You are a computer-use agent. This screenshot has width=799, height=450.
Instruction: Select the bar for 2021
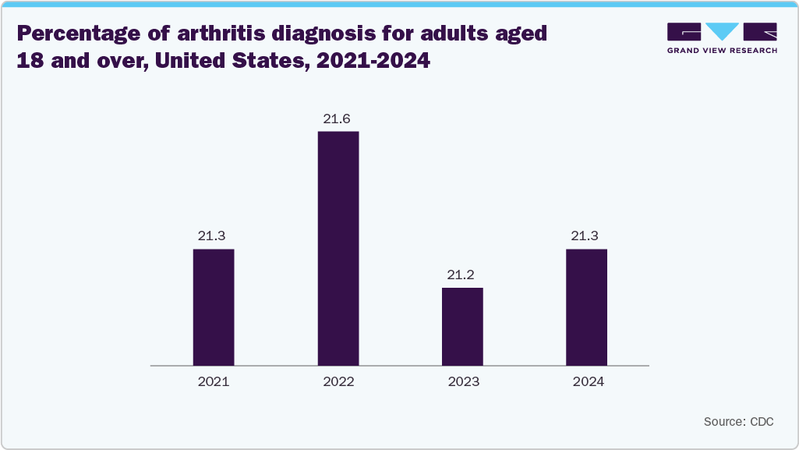(x=214, y=306)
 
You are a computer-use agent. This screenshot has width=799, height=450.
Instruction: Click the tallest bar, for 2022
(x=338, y=248)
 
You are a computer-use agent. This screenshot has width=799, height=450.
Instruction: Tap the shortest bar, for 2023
(x=462, y=326)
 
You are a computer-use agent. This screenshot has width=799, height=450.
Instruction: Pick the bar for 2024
(x=586, y=306)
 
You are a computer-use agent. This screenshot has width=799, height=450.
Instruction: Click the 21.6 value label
(x=338, y=119)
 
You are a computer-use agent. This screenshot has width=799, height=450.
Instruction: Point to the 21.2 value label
(x=462, y=275)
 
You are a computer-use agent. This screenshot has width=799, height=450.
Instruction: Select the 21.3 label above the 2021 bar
(x=214, y=236)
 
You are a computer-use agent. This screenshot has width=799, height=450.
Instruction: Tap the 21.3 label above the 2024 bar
(x=586, y=236)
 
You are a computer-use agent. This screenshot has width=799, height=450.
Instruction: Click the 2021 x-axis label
(x=214, y=382)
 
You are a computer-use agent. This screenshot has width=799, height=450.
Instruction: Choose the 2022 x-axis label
(x=338, y=382)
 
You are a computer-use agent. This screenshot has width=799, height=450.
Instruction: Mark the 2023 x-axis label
(x=462, y=382)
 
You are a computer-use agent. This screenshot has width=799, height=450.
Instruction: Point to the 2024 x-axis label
(x=586, y=382)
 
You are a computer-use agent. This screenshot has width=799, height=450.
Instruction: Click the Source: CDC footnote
(x=738, y=421)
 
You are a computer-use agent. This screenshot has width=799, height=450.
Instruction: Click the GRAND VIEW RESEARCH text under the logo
(x=722, y=50)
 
